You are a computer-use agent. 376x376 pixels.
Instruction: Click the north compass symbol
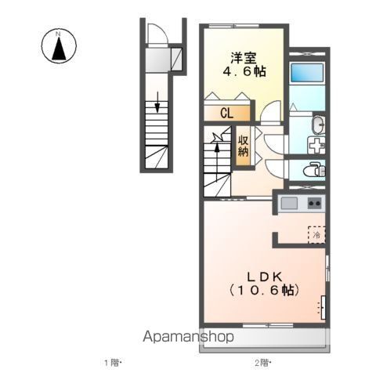point(58,45)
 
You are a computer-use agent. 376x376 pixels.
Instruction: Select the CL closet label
point(226,113)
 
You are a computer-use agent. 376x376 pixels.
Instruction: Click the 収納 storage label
point(244,145)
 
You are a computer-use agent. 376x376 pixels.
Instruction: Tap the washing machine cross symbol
point(315,146)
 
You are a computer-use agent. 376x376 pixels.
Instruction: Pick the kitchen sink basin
point(289,204)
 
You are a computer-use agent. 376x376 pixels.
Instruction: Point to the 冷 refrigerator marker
point(316,233)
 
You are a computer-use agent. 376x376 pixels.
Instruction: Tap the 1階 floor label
point(113,363)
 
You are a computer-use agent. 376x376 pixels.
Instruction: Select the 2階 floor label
point(262,363)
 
